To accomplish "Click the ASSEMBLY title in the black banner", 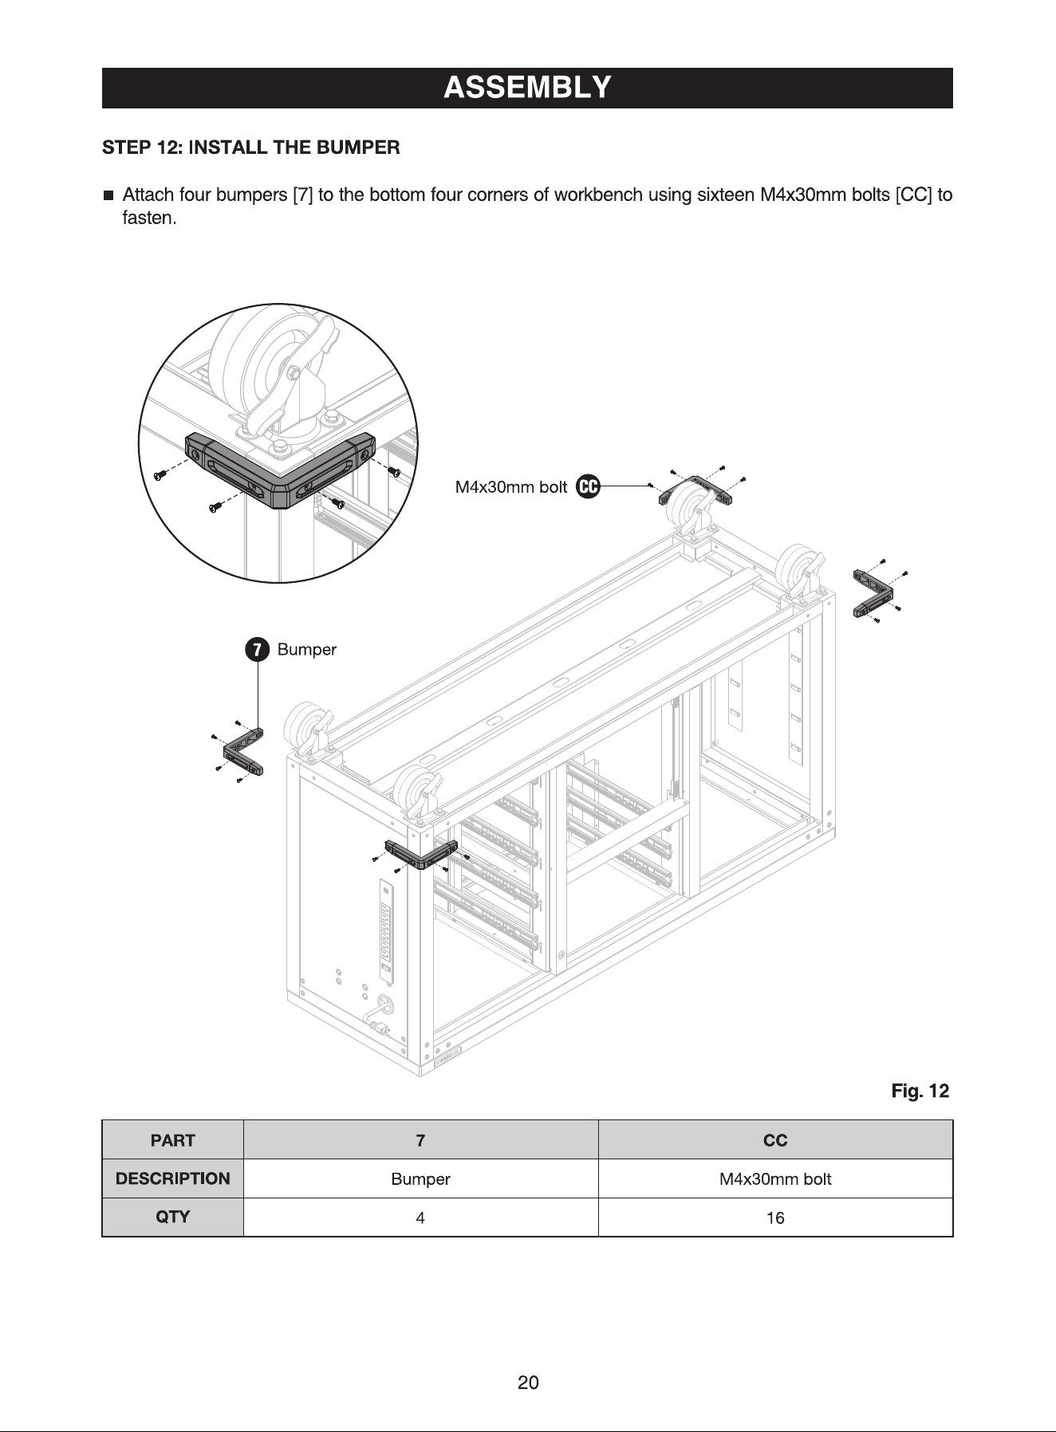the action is [527, 87].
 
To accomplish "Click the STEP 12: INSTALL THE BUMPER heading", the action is [251, 148].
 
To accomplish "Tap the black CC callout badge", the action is [588, 486].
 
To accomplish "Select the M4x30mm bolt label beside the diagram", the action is [510, 486].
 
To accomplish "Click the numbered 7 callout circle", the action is [256, 650].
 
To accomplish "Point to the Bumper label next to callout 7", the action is [307, 650].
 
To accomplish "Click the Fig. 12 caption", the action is [920, 1091].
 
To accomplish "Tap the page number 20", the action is [528, 1383].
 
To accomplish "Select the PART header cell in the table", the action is [172, 1140].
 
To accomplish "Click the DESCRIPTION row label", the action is [172, 1178].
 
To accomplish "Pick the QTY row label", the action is [172, 1217].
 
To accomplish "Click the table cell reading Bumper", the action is [420, 1178].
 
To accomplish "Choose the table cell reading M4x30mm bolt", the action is [775, 1178].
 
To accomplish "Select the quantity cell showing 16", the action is [775, 1218].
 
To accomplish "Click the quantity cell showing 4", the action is [420, 1218].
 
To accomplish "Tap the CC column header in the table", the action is [775, 1140].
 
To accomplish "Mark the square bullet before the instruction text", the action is [108, 195].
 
